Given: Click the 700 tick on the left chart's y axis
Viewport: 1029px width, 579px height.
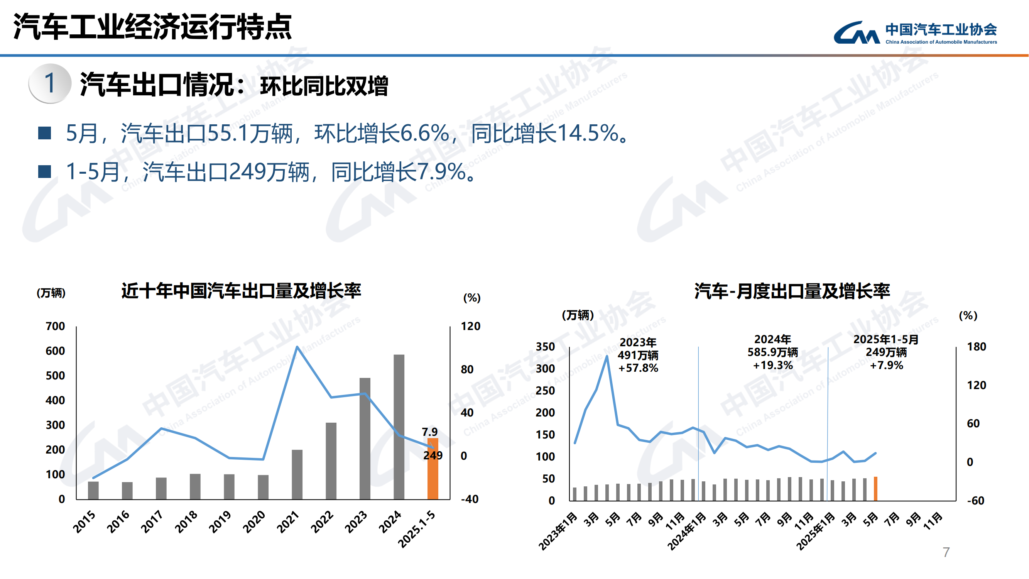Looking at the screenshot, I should [55, 326].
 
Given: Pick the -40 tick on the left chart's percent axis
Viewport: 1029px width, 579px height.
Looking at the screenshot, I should [470, 499].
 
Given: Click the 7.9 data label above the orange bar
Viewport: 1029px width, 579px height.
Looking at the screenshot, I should [429, 432].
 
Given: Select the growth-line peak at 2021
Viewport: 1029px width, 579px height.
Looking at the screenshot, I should [297, 347].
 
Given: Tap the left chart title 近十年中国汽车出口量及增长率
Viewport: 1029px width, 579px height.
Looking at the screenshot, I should [241, 291].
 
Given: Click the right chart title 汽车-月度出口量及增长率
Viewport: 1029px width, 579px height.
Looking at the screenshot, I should [792, 291].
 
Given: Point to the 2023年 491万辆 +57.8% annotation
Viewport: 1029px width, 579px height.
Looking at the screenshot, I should [638, 355].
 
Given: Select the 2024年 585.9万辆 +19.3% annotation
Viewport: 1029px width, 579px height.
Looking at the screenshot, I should [772, 352].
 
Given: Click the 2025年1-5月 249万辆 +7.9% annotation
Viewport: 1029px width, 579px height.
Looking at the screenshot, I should [886, 352].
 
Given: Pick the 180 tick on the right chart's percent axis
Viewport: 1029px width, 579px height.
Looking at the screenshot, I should [976, 347].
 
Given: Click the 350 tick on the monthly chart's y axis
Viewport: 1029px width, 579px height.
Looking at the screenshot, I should [545, 347].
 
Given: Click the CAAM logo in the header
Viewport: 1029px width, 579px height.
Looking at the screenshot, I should [915, 33].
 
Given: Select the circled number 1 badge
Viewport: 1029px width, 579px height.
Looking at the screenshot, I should [50, 83].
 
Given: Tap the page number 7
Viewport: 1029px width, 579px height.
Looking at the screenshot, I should [946, 552].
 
